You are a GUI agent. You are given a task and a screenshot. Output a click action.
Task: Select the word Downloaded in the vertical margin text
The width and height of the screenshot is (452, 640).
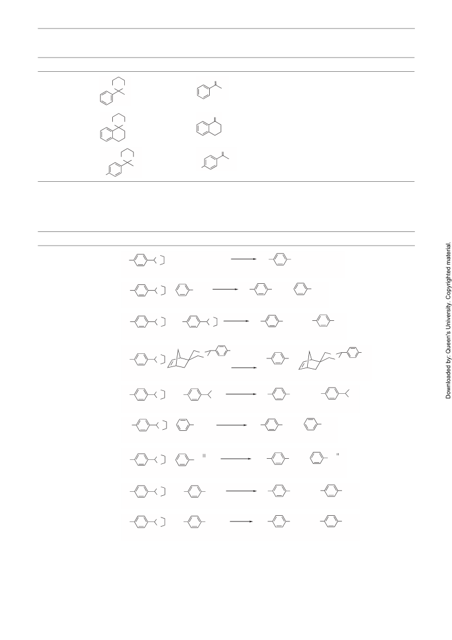[449, 384]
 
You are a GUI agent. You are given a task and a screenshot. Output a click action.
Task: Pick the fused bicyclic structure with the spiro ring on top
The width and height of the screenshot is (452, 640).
[113, 127]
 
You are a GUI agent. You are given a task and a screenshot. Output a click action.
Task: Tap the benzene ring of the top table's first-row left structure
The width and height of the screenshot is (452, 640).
[106, 98]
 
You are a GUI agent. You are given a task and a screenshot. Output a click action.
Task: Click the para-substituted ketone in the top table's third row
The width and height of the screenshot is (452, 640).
[215, 160]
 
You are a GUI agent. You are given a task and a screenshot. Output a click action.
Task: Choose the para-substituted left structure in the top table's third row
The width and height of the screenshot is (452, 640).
[121, 163]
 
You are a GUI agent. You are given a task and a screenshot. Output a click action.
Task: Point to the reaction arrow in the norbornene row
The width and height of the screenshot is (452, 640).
[244, 368]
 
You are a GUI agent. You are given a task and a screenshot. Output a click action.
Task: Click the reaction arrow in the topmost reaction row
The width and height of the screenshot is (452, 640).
[244, 259]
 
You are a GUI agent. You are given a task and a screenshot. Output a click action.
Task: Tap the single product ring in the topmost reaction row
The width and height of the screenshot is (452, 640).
[280, 260]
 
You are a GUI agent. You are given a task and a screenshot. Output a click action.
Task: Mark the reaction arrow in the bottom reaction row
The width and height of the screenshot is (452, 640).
[241, 521]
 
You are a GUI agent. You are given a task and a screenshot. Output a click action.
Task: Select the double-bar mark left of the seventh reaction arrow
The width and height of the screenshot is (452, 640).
[203, 455]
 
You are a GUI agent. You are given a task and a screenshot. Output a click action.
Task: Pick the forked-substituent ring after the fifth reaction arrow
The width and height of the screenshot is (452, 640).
[335, 393]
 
